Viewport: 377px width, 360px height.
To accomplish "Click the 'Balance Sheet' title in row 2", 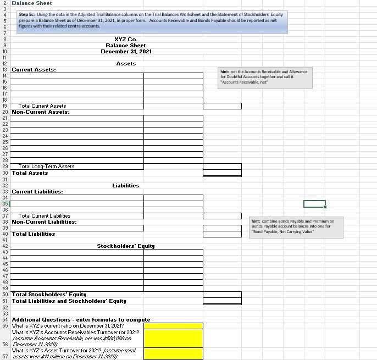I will point(32,3).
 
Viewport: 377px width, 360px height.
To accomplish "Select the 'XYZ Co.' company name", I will point(126,39).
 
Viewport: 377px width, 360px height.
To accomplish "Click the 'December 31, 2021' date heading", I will point(126,51).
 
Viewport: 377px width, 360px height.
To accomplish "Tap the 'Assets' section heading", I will point(126,64).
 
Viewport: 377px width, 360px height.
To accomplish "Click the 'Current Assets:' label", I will point(34,70).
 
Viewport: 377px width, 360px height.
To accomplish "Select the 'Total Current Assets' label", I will point(42,106).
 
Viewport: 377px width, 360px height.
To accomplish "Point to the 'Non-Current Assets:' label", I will point(41,112).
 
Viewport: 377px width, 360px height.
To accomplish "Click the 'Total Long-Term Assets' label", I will point(46,167).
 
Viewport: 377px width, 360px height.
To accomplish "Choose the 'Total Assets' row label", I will point(30,173).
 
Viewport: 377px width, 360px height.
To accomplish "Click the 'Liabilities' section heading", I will point(126,186).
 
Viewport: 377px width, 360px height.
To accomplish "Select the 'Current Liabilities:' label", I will point(37,192).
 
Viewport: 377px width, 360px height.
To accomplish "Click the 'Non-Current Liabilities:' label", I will point(44,222).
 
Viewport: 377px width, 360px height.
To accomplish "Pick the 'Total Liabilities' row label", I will point(34,234).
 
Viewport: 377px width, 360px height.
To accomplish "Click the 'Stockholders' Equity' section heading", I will point(126,246).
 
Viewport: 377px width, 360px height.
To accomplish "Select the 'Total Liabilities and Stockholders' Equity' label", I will point(69,301).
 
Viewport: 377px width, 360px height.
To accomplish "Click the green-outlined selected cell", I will point(314,204).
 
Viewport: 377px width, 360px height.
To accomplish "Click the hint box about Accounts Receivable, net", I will point(265,77).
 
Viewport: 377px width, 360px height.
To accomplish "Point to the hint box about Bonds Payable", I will point(296,226).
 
